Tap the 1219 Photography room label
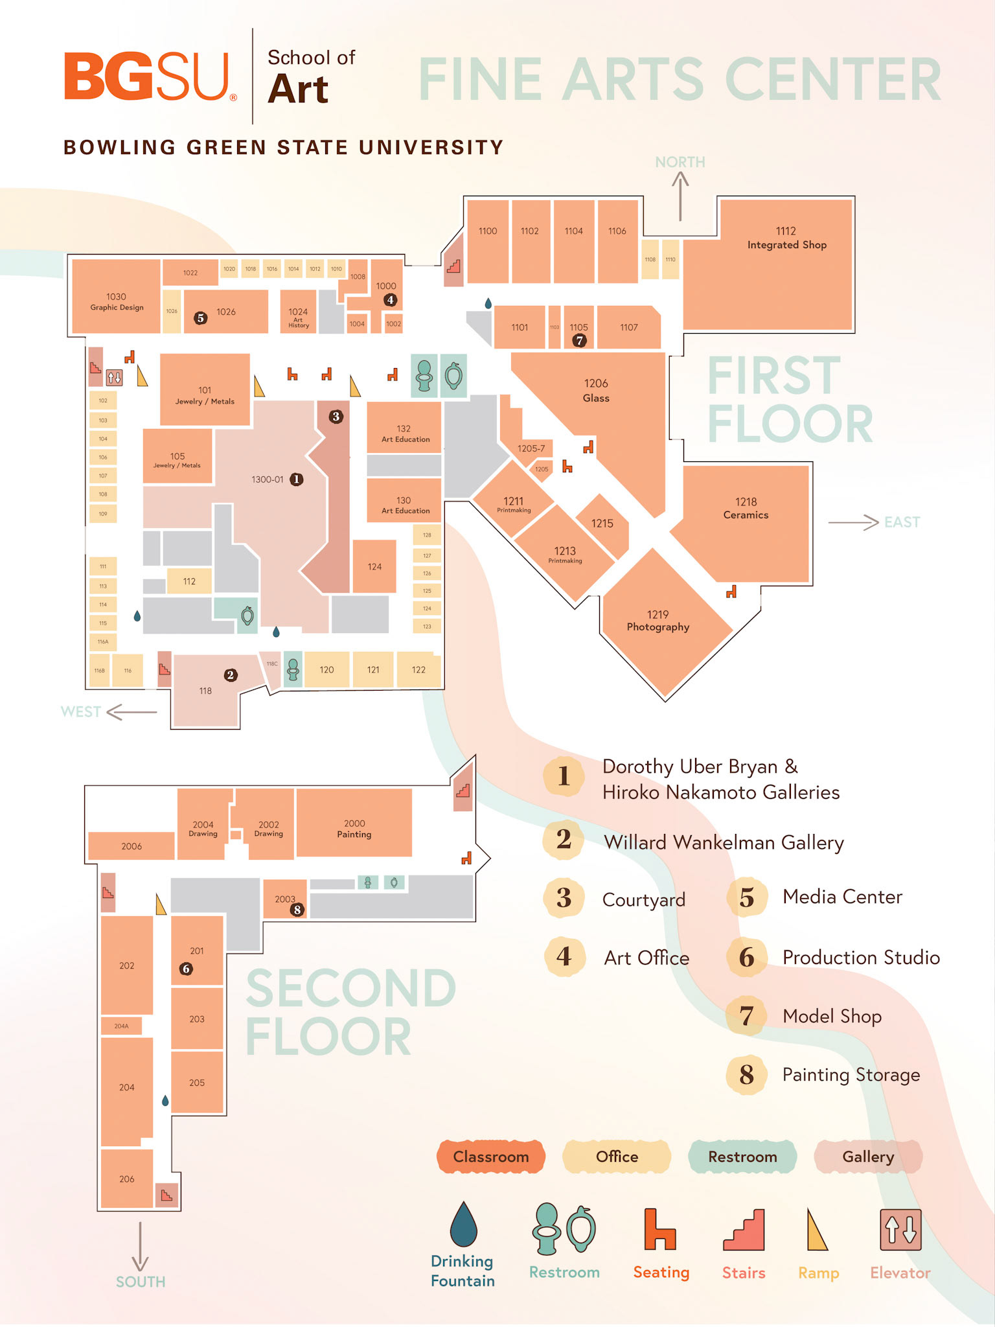[x=658, y=621]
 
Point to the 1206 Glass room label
[x=596, y=391]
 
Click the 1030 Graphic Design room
[x=117, y=301]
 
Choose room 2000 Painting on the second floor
[x=354, y=829]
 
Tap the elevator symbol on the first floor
[x=115, y=376]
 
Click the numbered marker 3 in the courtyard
[x=336, y=417]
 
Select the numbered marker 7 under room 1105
[x=579, y=340]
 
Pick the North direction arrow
[x=680, y=198]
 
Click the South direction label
[x=141, y=1282]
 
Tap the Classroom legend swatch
[x=491, y=1157]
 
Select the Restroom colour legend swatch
[x=742, y=1157]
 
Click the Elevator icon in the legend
[x=900, y=1229]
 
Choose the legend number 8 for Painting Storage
[x=746, y=1075]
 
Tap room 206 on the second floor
[x=127, y=1179]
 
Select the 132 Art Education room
[x=404, y=433]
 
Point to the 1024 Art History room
[x=298, y=315]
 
